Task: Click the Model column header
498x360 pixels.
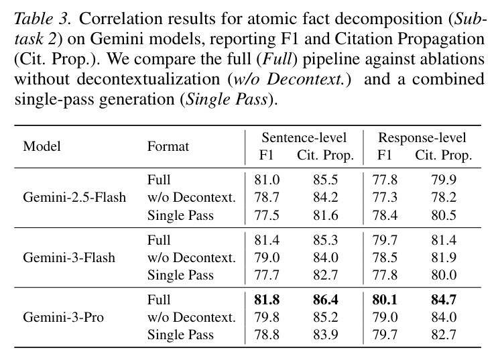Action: [x=42, y=146]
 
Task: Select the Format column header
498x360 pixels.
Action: [x=168, y=146]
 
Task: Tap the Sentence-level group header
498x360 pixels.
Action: [x=304, y=137]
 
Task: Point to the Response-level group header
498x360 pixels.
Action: [x=422, y=137]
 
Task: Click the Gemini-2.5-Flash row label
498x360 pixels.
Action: [x=74, y=197]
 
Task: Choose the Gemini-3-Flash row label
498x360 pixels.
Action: [x=69, y=257]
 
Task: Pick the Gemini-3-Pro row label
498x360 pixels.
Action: [x=63, y=317]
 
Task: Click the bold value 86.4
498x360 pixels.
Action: [x=326, y=300]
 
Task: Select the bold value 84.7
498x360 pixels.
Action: [x=444, y=300]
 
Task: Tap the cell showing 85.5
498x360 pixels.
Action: [x=326, y=180]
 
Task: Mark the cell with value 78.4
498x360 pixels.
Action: [x=385, y=215]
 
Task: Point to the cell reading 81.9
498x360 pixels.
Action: [x=444, y=257]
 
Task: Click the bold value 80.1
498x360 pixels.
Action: [x=385, y=300]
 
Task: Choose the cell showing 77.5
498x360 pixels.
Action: [x=267, y=215]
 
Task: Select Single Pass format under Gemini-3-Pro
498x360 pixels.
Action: [x=180, y=335]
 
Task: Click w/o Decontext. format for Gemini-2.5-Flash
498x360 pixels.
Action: [x=192, y=197]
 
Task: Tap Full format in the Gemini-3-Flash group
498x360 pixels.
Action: [x=159, y=240]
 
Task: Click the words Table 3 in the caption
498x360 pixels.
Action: [x=42, y=19]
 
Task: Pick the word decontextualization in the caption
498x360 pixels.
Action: [x=148, y=79]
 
